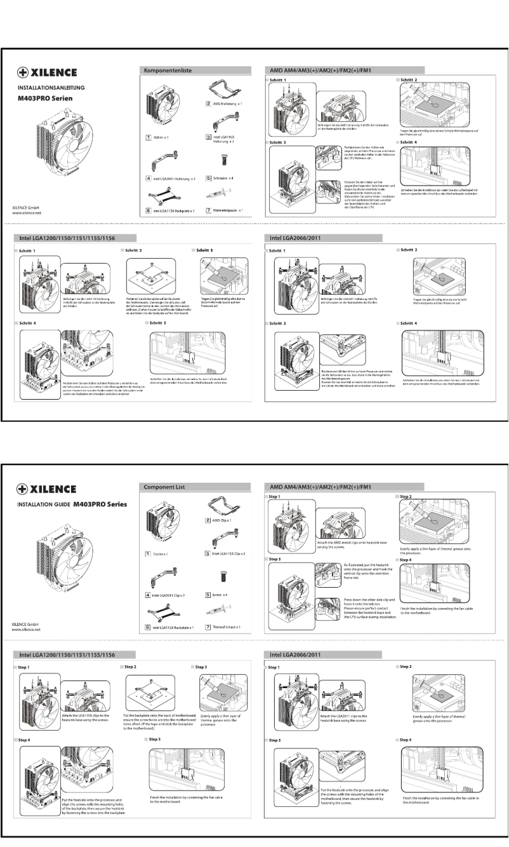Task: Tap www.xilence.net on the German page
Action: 27,214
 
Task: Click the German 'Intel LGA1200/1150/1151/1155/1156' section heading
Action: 60,238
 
